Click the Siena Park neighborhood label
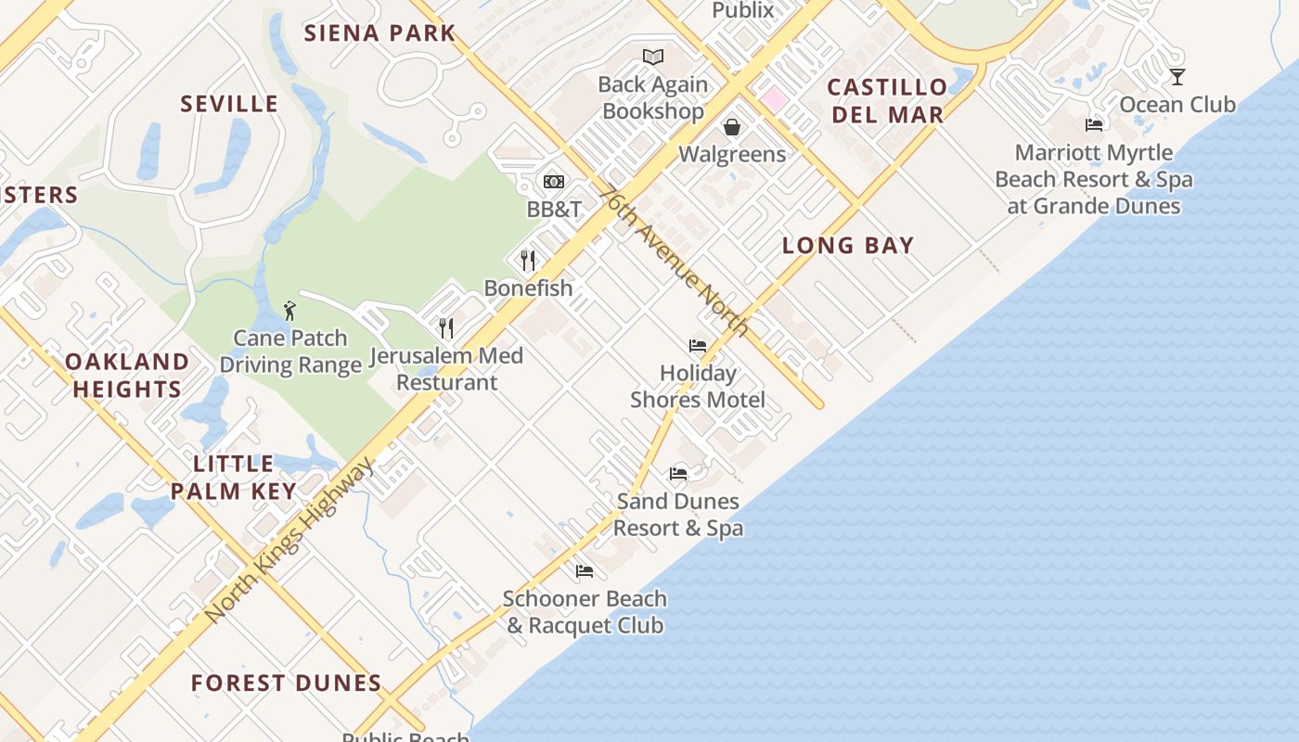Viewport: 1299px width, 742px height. tap(380, 33)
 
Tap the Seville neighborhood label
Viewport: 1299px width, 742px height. tap(229, 104)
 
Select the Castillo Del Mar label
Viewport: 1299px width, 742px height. tap(887, 101)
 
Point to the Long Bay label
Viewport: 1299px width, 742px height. tap(848, 246)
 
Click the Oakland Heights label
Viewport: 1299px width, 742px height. tap(127, 375)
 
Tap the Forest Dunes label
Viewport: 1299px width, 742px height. tap(286, 684)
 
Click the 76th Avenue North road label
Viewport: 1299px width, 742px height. tap(674, 261)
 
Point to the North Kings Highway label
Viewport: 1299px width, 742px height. tap(289, 541)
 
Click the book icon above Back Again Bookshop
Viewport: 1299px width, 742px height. tap(653, 57)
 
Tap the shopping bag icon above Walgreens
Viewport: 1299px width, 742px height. tap(732, 127)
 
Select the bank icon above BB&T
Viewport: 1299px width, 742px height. tap(554, 182)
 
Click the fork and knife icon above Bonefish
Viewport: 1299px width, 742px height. tap(528, 260)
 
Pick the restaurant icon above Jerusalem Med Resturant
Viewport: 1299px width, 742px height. tap(446, 327)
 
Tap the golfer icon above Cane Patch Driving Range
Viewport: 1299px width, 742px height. tap(289, 310)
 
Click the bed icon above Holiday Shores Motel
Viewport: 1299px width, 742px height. tap(698, 346)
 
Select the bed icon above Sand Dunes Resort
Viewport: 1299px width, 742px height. tap(678, 474)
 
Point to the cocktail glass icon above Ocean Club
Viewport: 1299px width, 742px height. tap(1177, 77)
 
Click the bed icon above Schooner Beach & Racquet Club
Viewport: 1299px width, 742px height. tap(584, 571)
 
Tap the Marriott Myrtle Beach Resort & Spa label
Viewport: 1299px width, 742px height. tap(1094, 179)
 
